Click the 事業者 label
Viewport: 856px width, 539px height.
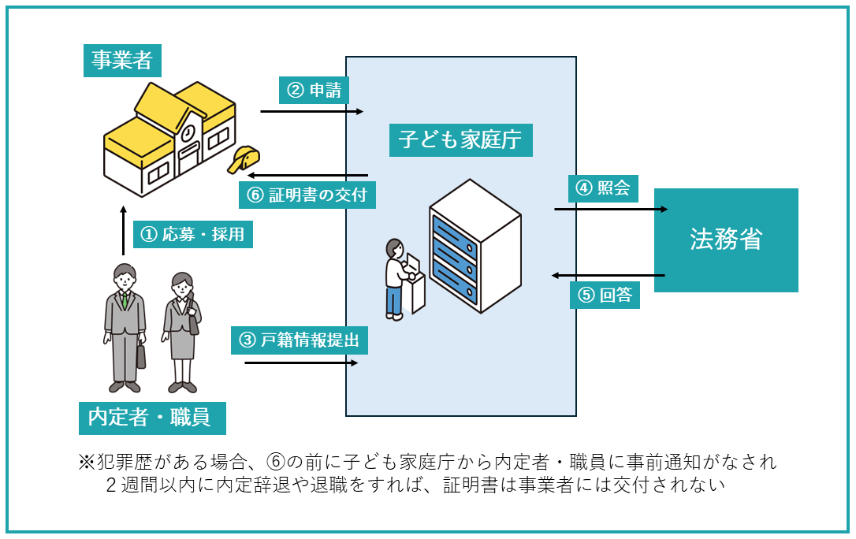(121, 60)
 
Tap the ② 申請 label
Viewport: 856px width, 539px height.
(314, 90)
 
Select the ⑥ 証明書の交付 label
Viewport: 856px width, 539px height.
(307, 195)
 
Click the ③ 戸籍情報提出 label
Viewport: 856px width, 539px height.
(300, 340)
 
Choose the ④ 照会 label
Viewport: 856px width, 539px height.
(603, 189)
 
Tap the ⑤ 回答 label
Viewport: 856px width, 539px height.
(605, 296)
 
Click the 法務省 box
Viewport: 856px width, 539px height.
(726, 240)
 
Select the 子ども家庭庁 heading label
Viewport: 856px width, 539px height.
(460, 140)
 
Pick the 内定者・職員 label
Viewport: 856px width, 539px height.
(152, 417)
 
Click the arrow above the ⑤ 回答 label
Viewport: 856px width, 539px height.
(609, 276)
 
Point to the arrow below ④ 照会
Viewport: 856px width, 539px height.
(611, 209)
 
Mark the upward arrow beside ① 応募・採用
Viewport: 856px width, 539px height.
(123, 232)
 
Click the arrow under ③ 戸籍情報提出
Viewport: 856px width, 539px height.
(301, 362)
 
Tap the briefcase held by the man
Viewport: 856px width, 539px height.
(141, 356)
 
